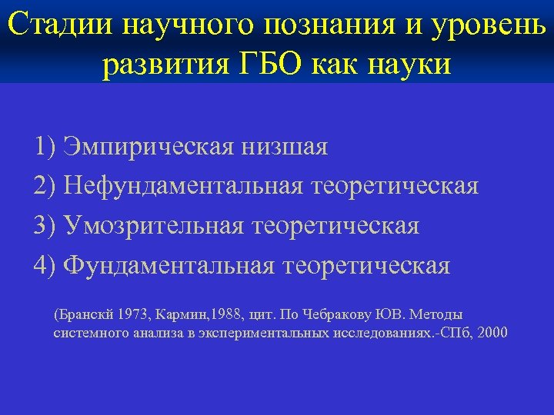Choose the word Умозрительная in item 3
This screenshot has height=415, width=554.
click(157, 226)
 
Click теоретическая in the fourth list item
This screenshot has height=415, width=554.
click(367, 266)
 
